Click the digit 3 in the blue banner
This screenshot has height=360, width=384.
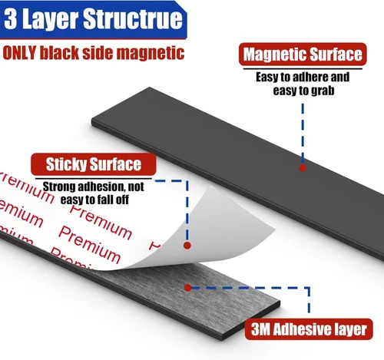coord(11,19)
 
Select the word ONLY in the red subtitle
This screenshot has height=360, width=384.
coord(19,53)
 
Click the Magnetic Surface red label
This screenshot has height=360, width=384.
coord(303,54)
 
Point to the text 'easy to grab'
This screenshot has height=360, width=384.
coord(303,91)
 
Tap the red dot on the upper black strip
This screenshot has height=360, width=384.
coord(303,168)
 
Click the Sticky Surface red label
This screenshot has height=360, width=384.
coord(94,164)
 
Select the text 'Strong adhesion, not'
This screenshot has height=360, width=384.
coord(93,187)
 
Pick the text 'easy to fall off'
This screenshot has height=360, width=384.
coord(94,200)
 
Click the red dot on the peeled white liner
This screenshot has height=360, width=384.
coord(187,246)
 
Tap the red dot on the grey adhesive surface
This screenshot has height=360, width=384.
coord(187,288)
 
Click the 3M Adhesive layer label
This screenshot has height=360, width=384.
coord(309,329)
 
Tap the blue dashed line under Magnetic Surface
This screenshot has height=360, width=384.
coord(303,133)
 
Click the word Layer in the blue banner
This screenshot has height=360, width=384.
coord(50,20)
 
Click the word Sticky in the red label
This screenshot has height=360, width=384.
coord(66,164)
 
